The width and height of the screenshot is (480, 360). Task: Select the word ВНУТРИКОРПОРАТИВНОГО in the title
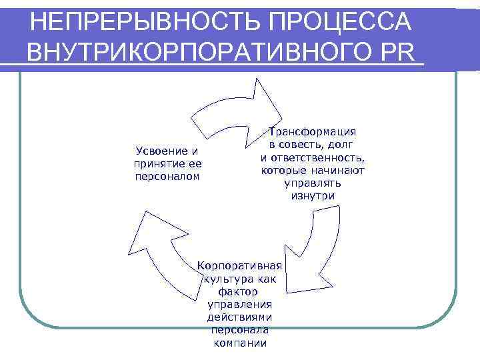click(200, 53)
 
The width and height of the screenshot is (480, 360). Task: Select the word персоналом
click(167, 176)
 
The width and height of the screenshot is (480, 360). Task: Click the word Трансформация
click(313, 132)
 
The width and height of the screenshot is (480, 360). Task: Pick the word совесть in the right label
click(317, 145)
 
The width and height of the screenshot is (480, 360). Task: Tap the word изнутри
click(313, 195)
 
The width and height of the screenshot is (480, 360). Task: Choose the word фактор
click(238, 292)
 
